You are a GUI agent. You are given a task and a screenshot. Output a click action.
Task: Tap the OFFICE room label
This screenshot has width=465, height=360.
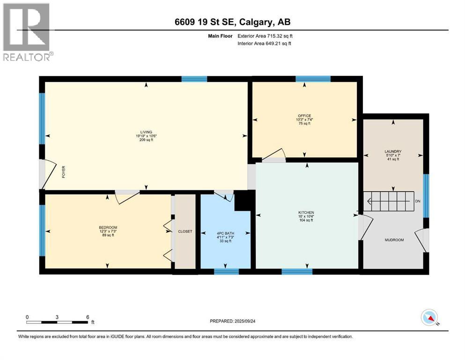[304, 116]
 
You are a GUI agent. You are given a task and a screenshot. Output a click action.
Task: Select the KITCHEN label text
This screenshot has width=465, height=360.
[306, 212]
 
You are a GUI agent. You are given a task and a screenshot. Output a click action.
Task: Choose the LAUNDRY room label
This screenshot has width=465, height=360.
[393, 151]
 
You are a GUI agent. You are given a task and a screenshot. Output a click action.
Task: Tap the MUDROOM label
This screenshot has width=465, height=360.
[394, 240]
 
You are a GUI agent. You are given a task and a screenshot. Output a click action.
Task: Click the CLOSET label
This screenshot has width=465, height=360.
[185, 232]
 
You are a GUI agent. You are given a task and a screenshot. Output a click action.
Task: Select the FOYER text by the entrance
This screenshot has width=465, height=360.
[63, 174]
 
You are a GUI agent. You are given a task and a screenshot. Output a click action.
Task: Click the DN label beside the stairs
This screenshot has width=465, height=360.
[418, 201]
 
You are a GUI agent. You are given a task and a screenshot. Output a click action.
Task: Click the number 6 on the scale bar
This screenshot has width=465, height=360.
[87, 317]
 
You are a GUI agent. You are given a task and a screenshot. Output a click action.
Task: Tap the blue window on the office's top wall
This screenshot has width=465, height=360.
[313, 79]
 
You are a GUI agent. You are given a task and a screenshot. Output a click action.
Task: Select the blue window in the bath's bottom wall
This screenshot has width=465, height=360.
[226, 271]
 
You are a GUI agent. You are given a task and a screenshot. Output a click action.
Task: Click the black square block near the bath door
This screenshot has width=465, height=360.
[243, 202]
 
